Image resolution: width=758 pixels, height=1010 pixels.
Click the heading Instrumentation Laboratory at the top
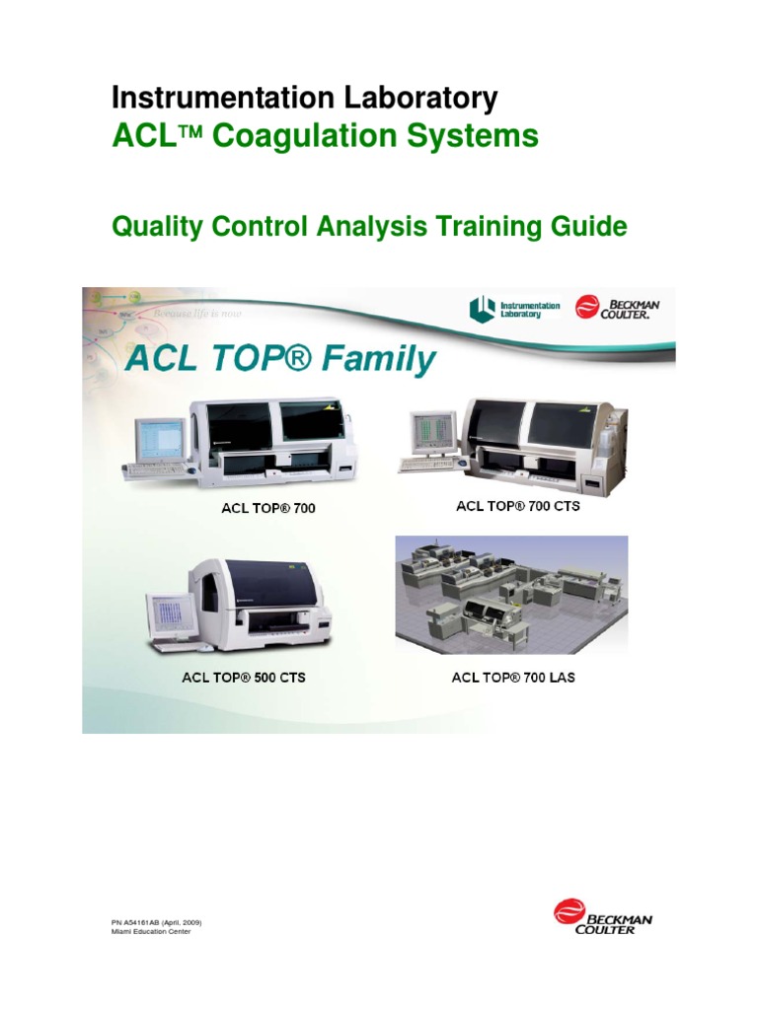click(305, 98)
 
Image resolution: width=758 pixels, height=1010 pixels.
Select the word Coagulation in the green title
click(319, 136)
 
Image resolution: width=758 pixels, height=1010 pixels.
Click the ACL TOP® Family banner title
click(279, 359)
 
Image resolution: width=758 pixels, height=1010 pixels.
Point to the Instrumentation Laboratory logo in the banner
click(514, 310)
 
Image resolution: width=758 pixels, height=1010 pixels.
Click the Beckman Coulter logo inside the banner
click(617, 309)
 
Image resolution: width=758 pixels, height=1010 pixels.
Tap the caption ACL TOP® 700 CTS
click(517, 506)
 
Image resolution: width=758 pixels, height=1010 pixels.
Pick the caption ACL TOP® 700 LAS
click(513, 678)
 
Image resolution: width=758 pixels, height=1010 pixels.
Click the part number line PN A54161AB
click(157, 922)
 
